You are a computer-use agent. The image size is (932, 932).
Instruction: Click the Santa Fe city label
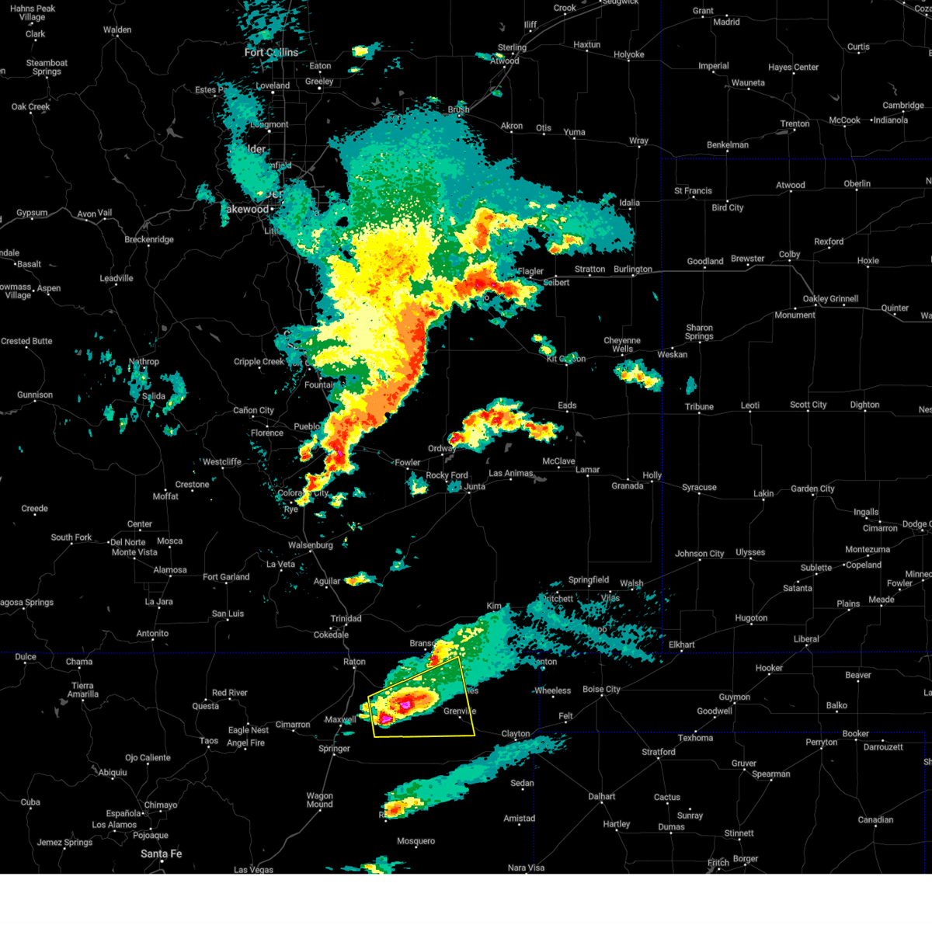[x=162, y=854]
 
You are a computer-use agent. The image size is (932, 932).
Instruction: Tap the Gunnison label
[x=35, y=395]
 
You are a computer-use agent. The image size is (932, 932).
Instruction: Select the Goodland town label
[x=704, y=262]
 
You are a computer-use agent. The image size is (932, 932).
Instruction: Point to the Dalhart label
[x=602, y=797]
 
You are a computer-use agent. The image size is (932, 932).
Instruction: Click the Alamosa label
[x=169, y=570]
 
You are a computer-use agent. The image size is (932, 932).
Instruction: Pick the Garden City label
[x=812, y=489]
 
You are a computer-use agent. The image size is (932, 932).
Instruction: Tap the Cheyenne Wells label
[x=622, y=345]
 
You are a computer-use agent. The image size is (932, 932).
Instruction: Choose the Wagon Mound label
[x=319, y=800]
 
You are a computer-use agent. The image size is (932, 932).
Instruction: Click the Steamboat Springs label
[x=47, y=68]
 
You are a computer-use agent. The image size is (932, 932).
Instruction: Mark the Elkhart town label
[x=682, y=645]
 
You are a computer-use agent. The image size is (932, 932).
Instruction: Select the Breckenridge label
[x=149, y=239]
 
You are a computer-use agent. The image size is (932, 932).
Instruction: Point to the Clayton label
[x=516, y=734]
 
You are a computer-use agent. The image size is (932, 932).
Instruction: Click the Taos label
[x=209, y=741]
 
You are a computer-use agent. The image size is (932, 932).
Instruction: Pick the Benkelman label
[x=728, y=145]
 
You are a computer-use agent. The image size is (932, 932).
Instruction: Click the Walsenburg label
[x=310, y=545]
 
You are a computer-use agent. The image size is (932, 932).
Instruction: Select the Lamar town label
[x=588, y=470]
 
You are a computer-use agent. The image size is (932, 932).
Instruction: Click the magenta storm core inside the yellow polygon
[x=405, y=704]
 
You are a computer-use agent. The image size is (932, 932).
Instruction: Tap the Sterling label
[x=512, y=47]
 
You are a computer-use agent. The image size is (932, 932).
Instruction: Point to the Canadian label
[x=875, y=820]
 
